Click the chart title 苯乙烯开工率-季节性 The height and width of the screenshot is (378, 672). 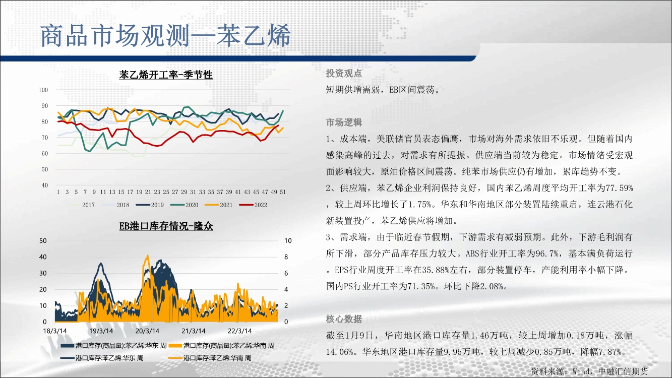point(166,75)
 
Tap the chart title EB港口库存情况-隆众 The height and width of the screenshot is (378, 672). point(166,226)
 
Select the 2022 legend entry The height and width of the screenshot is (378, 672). point(253,205)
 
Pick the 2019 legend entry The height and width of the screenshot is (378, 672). point(150,205)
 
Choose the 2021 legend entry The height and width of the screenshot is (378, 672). point(218,205)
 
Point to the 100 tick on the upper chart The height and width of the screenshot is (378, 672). point(43,90)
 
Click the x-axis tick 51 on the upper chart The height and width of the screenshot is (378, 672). point(283,192)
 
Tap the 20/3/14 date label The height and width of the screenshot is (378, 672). point(147,331)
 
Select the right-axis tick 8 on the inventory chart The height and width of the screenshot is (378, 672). point(286,257)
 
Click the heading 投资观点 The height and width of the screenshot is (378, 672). point(344,73)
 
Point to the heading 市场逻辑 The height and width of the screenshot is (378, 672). point(344,122)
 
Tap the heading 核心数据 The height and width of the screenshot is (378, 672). point(344,319)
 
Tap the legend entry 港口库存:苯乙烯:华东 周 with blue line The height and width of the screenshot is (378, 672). point(102,358)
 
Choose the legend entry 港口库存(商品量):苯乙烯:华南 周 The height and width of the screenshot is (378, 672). point(222,346)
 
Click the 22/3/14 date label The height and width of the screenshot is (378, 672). point(239,331)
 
